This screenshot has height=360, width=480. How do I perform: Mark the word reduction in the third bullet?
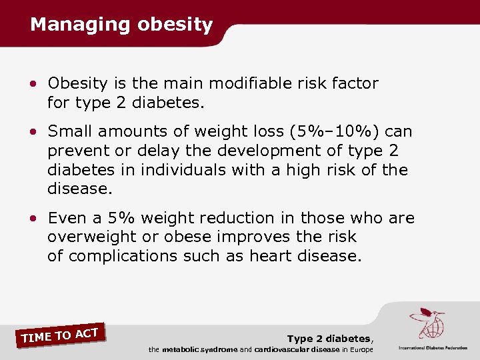(x=236, y=218)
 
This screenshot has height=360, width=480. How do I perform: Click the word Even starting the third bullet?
(x=65, y=218)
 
